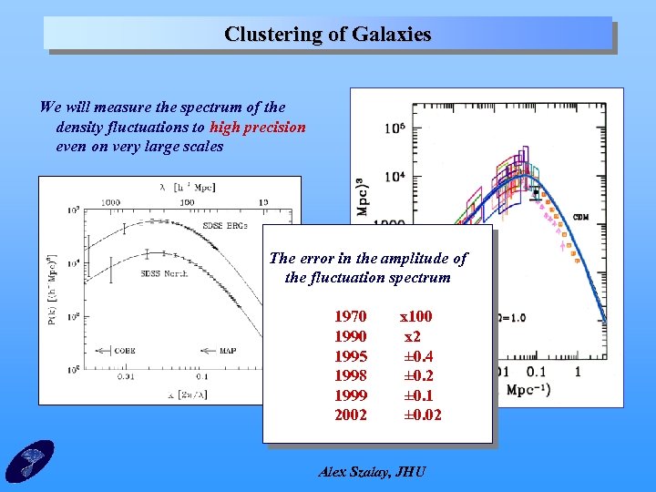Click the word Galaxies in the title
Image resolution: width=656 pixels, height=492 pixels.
tap(387, 35)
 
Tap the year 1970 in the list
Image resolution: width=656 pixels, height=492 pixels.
tap(351, 316)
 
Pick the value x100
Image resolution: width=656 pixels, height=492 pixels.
tap(416, 316)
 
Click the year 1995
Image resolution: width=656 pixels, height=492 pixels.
tap(351, 356)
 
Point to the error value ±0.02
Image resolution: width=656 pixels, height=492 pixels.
tap(423, 415)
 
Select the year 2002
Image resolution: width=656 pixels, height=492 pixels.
tap(351, 415)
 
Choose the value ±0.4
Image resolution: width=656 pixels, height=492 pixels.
tap(418, 356)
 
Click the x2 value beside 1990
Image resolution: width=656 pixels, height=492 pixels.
tap(413, 336)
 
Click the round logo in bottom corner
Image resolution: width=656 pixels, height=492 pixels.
tap(29, 460)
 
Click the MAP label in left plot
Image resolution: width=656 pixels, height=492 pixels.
tap(230, 350)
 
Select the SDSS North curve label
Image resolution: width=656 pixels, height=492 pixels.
tap(164, 272)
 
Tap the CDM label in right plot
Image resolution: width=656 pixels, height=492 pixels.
tap(579, 218)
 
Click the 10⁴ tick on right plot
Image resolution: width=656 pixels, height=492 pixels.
tap(395, 175)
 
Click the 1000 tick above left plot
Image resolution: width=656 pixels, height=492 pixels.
tap(111, 202)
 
